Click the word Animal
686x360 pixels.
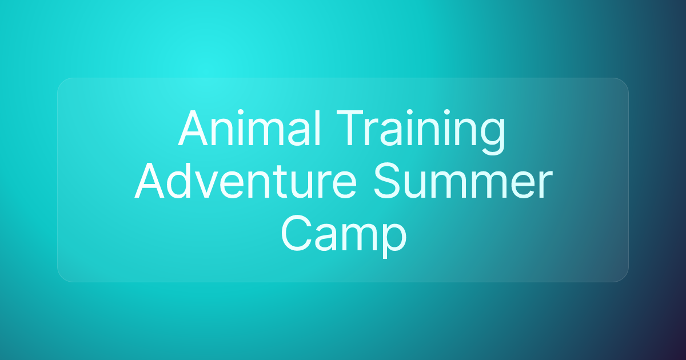[x=249, y=128]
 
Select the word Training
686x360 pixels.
[x=421, y=132]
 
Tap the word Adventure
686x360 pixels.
[x=246, y=181]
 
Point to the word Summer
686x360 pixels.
[x=463, y=181]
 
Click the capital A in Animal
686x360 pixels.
[x=193, y=128]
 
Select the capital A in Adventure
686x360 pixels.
[x=150, y=181]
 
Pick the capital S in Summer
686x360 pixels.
[x=387, y=181]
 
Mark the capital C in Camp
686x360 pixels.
[x=296, y=233]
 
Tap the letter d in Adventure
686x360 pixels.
[x=181, y=181]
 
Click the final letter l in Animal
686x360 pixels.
[x=318, y=127]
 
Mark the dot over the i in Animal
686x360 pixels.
[x=241, y=112]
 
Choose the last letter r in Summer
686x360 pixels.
[x=546, y=186]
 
